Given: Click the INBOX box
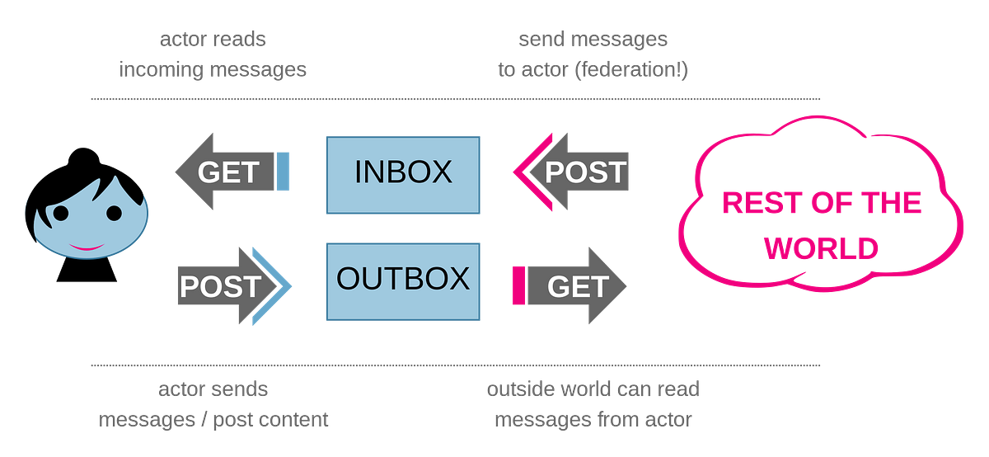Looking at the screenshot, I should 403,172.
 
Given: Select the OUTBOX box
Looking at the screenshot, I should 403,280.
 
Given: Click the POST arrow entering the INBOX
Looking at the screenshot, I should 577,172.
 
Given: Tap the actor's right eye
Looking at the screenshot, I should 114,213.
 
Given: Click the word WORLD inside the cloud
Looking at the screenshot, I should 821,248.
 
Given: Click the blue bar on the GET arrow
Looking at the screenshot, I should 283,172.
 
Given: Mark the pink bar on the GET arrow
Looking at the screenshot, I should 518,285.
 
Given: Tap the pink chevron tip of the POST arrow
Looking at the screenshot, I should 522,172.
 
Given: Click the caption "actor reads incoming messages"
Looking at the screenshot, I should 213,54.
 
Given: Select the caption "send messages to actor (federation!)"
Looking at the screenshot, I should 593,54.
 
